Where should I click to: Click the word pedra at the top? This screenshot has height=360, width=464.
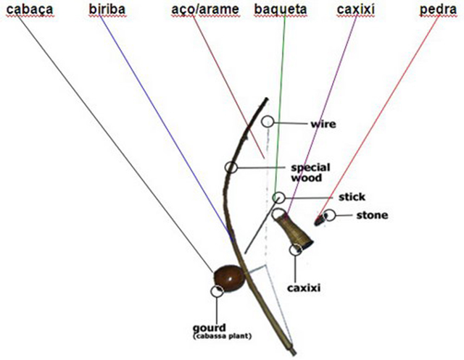coord(438,11)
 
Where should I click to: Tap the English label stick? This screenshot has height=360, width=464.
coord(351,196)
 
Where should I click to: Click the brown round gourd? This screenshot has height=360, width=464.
coord(227,278)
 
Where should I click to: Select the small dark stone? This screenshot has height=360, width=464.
coord(318,217)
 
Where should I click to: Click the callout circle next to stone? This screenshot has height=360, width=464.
coord(330,214)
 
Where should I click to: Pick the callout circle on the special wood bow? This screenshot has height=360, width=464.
coord(231,167)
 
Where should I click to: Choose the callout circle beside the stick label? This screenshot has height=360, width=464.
coord(279,197)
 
